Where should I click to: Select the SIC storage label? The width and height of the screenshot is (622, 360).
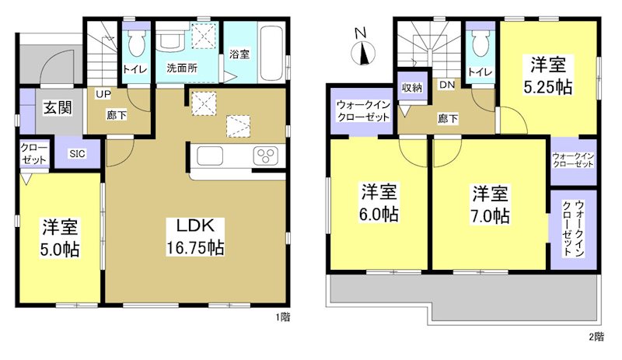78,153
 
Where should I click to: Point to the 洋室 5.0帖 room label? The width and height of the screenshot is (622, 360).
61,239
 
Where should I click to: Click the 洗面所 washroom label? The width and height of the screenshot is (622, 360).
182,67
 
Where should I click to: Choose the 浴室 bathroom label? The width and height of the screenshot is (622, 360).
239,54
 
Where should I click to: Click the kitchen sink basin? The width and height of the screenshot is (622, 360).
211,156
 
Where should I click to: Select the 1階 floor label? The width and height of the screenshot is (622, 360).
283,316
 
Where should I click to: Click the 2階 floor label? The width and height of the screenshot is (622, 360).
596,337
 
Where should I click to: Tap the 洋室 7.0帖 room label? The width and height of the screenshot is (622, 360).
490,204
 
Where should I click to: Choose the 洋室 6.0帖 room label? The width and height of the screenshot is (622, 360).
379,201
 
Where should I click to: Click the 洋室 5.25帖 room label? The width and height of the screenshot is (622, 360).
551,75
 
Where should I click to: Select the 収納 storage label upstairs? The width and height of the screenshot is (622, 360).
411,87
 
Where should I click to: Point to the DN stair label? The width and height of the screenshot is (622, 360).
447,85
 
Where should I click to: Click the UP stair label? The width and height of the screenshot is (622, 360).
102,95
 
